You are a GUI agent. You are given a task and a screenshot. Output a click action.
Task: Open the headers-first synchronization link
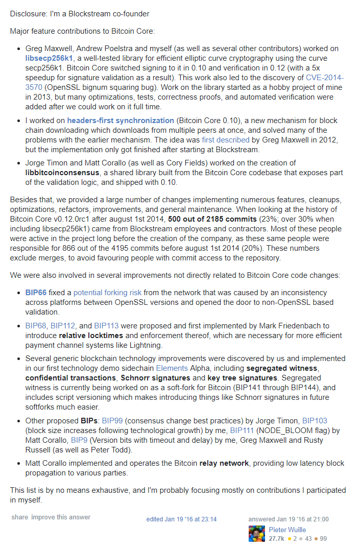[121, 121]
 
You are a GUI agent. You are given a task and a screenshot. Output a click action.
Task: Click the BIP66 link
[35, 293]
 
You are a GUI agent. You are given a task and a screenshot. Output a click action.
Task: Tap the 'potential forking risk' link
[108, 293]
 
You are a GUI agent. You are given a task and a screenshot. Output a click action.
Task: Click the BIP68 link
[35, 325]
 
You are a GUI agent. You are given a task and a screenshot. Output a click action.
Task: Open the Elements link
[172, 368]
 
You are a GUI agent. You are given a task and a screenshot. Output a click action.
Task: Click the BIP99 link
[113, 421]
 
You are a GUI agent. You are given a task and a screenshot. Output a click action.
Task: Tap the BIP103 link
[315, 421]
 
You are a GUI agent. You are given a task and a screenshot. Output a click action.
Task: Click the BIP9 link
[79, 440]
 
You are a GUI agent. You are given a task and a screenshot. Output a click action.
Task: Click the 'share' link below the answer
[20, 517]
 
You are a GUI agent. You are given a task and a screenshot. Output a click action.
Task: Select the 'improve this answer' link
[61, 517]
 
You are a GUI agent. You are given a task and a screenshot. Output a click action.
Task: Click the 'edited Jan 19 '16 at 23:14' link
[181, 519]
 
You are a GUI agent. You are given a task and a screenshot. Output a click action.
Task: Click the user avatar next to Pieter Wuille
[256, 534]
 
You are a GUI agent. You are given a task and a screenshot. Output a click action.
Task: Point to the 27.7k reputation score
[277, 538]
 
